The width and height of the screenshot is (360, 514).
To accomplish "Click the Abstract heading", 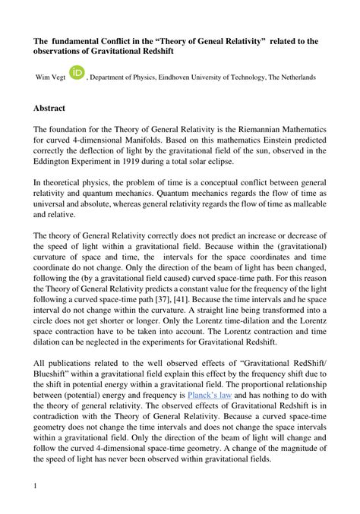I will pos(49,109).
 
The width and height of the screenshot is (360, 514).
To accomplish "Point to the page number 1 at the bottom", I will pos(36,484).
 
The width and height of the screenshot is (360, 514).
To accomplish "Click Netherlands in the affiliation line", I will pos(293,77).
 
